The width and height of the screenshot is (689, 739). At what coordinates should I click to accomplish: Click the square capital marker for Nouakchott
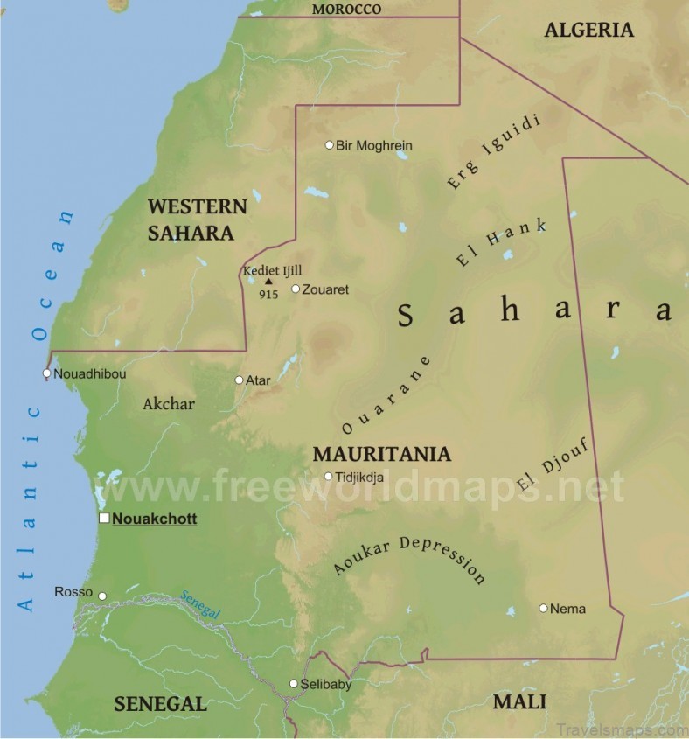pyautogui.click(x=104, y=519)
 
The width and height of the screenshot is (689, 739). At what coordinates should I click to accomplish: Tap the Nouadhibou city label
pyautogui.click(x=89, y=374)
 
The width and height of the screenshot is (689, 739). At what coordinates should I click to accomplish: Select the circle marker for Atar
pyautogui.click(x=239, y=380)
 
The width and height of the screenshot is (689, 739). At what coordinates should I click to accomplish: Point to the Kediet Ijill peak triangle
pyautogui.click(x=269, y=282)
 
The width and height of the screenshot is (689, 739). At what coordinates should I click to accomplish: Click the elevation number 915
pyautogui.click(x=269, y=295)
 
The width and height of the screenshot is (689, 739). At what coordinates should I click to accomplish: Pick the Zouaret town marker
pyautogui.click(x=296, y=289)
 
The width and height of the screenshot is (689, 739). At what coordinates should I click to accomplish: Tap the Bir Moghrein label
pyautogui.click(x=373, y=145)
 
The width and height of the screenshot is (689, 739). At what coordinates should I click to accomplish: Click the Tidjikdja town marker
pyautogui.click(x=329, y=477)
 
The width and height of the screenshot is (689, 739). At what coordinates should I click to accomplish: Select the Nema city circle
pyautogui.click(x=543, y=608)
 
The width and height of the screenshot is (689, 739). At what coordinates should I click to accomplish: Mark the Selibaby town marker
pyautogui.click(x=294, y=684)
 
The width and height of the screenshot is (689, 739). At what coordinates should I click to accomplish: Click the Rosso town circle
pyautogui.click(x=102, y=596)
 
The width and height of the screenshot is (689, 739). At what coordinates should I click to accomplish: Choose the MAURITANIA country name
pyautogui.click(x=381, y=454)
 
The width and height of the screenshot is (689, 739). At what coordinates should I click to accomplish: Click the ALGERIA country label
pyautogui.click(x=588, y=30)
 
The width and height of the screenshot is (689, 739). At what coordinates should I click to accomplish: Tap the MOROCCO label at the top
pyautogui.click(x=347, y=9)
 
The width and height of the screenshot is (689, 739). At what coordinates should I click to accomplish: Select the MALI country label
pyautogui.click(x=519, y=701)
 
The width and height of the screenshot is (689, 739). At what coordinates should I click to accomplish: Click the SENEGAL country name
pyautogui.click(x=160, y=704)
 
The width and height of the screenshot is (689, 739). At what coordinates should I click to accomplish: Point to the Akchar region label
pyautogui.click(x=168, y=404)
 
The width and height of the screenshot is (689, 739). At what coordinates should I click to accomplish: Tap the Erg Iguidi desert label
pyautogui.click(x=493, y=151)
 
